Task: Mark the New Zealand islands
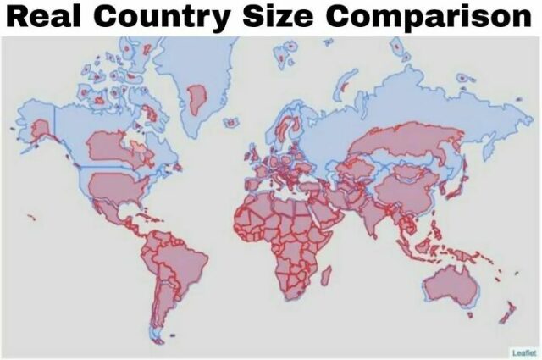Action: click(505, 313)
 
